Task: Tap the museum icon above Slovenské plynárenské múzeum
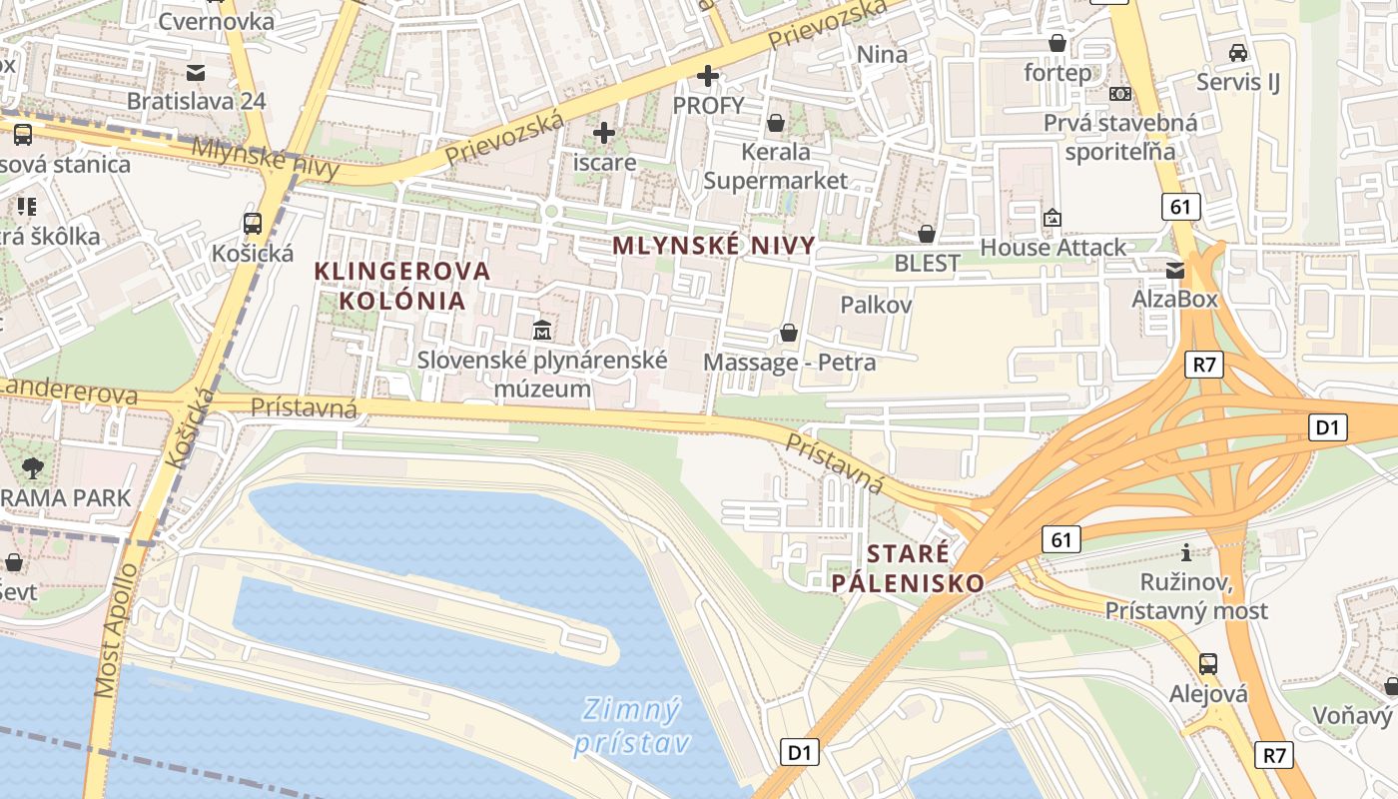tap(542, 330)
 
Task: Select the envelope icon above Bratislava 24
tap(196, 72)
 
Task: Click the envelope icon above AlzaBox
tap(1175, 270)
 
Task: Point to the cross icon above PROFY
tap(708, 76)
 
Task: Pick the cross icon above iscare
tap(604, 132)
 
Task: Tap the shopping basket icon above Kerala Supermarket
tap(775, 123)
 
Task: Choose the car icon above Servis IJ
tap(1238, 52)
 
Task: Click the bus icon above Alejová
tap(1208, 663)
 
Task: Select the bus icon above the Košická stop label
tap(253, 224)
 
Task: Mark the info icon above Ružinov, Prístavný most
tap(1186, 552)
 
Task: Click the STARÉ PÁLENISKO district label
tap(908, 568)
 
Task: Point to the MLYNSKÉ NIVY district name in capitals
tap(713, 246)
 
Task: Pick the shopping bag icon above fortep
tap(1057, 43)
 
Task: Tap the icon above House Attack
tap(1052, 218)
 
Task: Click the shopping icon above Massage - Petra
tap(789, 332)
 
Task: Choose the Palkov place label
tap(876, 305)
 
